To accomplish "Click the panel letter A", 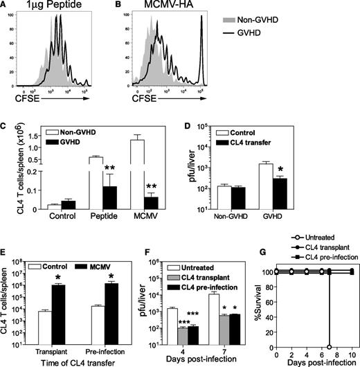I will tap(6, 6).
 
